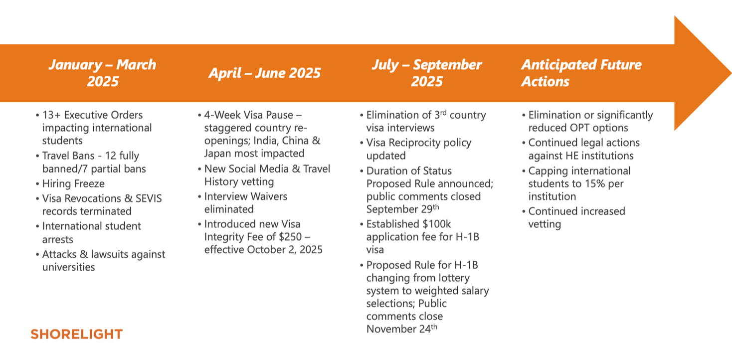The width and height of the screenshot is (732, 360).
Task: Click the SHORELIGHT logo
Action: pyautogui.click(x=76, y=334)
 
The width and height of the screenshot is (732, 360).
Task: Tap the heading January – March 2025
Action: pyautogui.click(x=102, y=73)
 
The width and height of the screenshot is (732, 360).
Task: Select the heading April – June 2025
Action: pyautogui.click(x=264, y=73)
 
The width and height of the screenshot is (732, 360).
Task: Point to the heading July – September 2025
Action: pyautogui.click(x=426, y=73)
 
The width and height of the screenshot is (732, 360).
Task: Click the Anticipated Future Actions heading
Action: pyautogui.click(x=581, y=73)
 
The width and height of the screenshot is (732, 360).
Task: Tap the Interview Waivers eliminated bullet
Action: pyautogui.click(x=246, y=202)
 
